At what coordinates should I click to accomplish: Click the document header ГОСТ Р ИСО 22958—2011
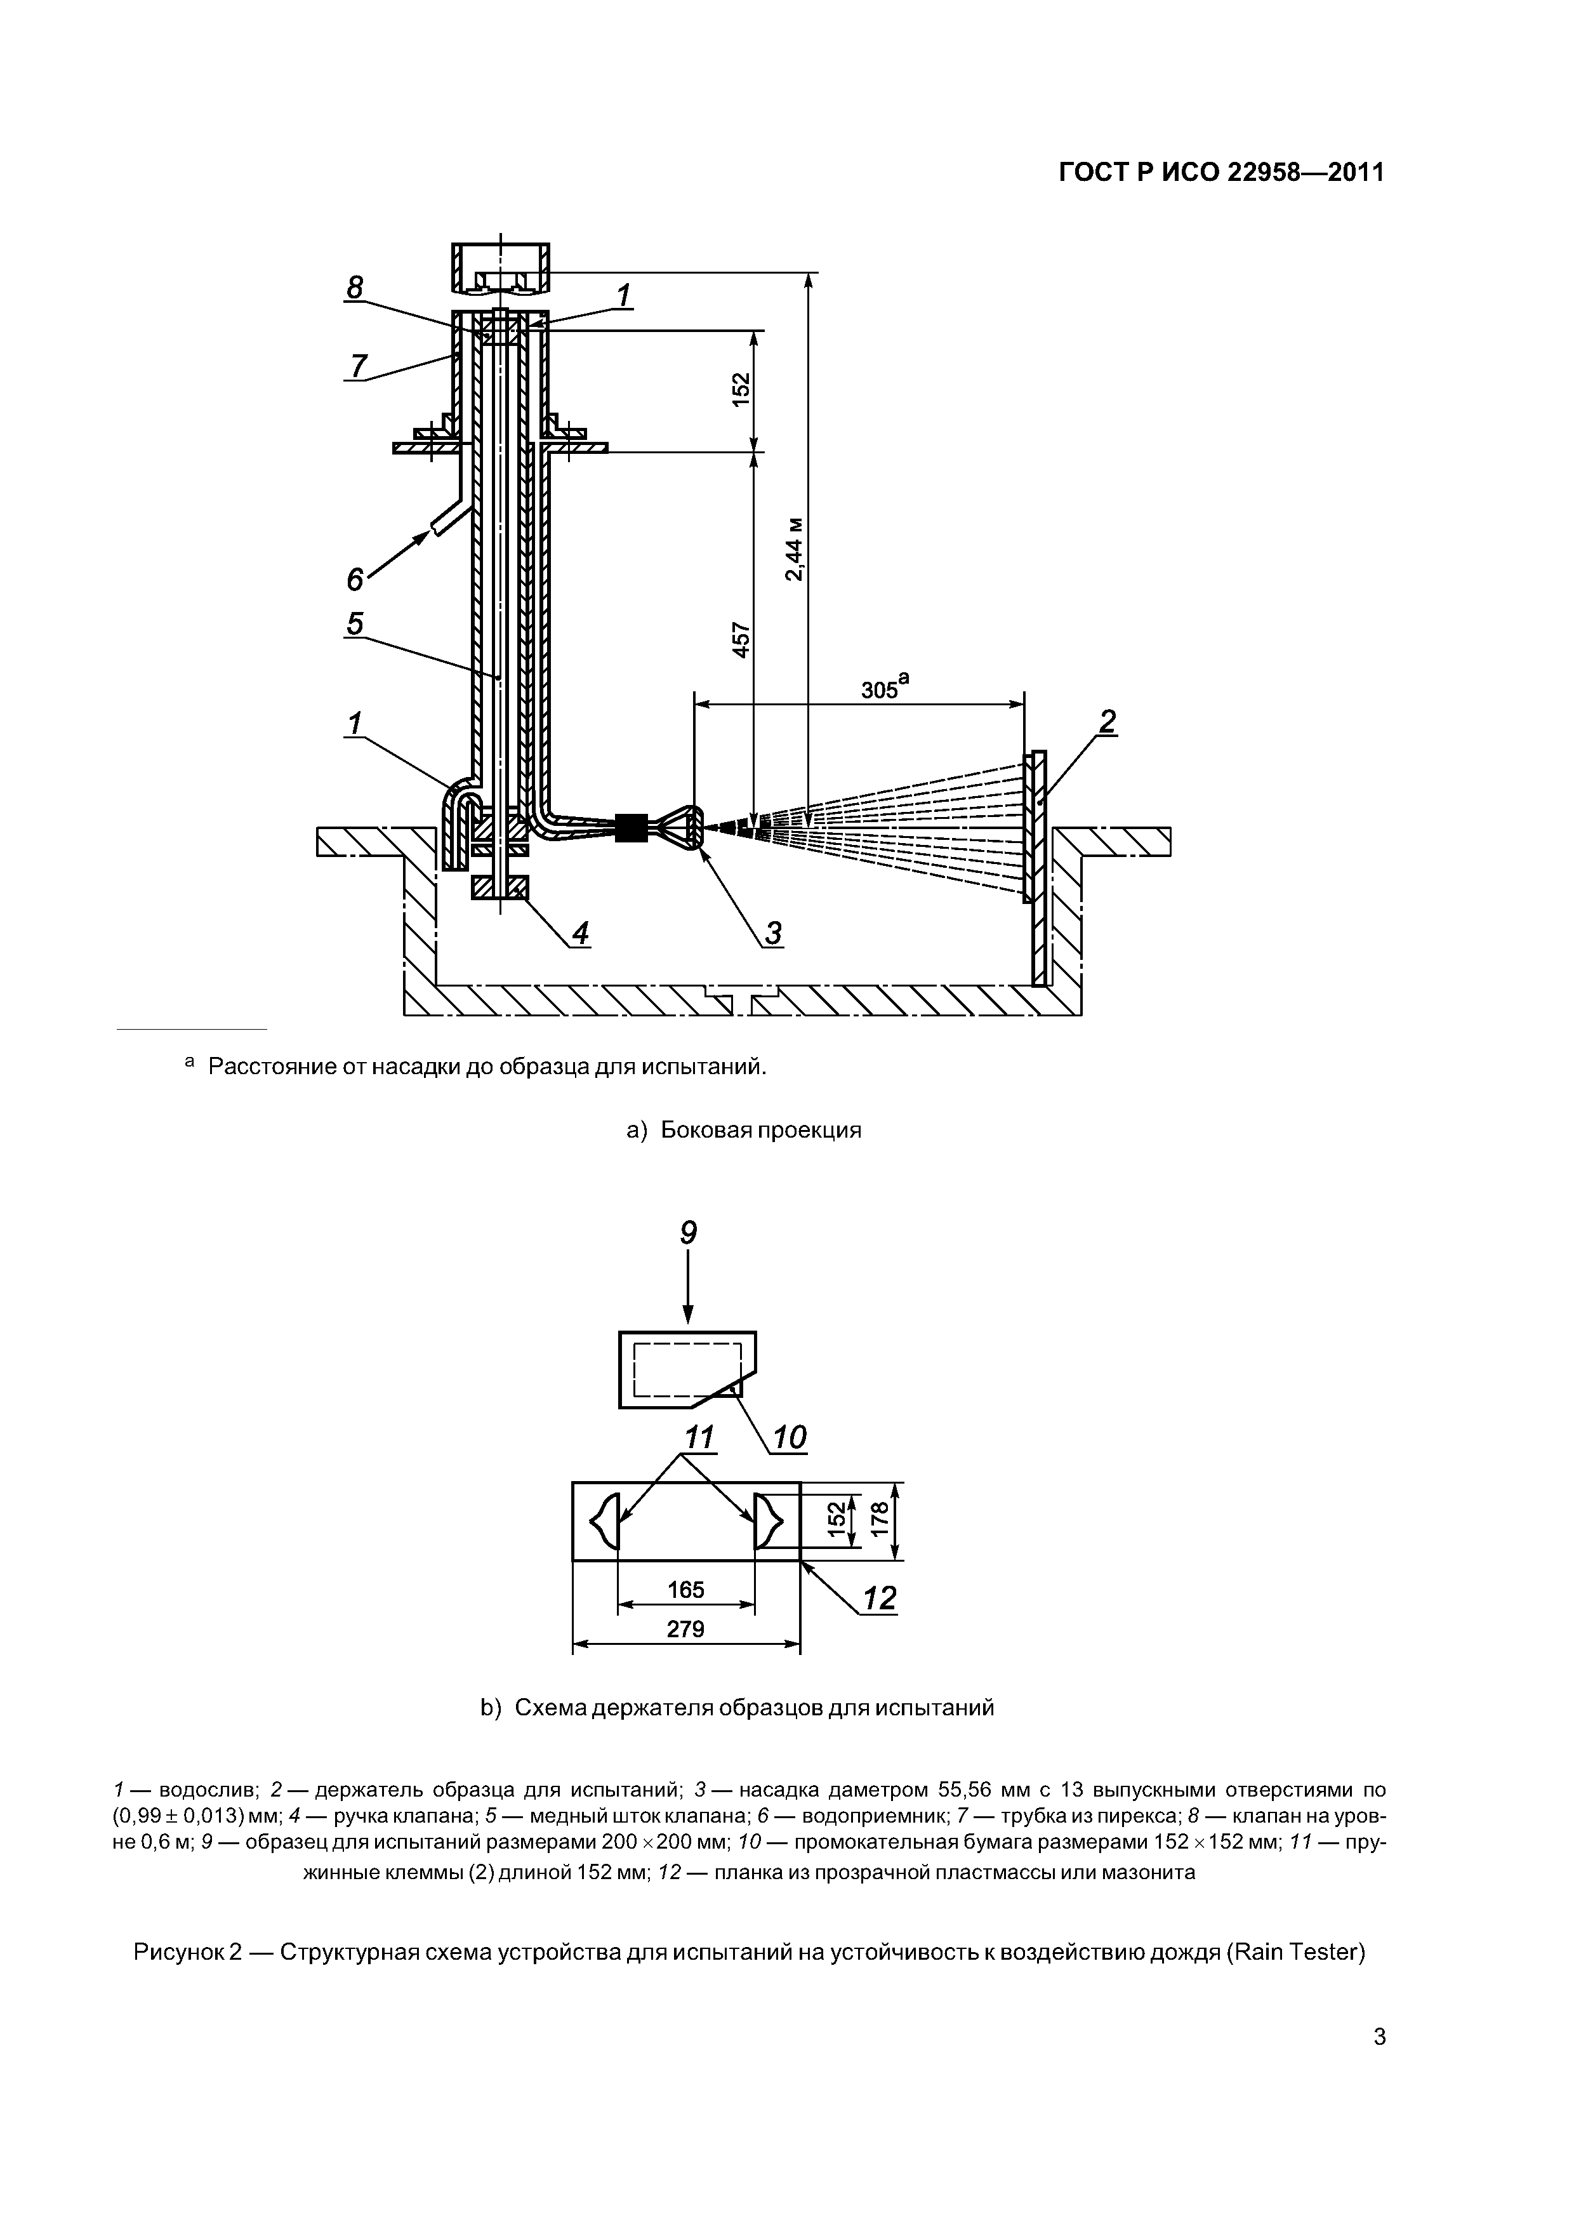[1220, 173]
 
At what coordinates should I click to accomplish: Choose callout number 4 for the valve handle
[580, 933]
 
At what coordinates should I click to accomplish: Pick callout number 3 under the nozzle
[773, 933]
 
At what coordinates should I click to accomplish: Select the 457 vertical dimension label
[741, 640]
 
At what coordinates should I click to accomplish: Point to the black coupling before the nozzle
[632, 827]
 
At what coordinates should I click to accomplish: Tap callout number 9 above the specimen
[687, 1233]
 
